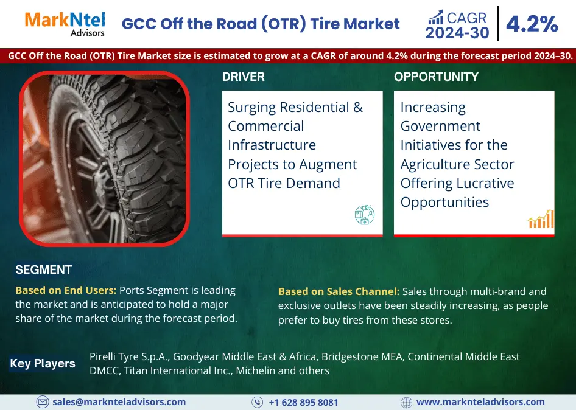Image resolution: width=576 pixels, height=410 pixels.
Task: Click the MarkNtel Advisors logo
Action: tap(65, 24)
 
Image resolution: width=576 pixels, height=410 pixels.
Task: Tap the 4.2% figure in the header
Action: tap(532, 24)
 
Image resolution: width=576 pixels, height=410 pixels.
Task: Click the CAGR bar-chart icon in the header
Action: tap(435, 16)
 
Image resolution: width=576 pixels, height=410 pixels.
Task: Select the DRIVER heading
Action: tap(243, 77)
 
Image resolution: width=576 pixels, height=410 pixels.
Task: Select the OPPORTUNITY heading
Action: tap(436, 77)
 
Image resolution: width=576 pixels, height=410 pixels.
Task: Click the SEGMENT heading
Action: tap(43, 270)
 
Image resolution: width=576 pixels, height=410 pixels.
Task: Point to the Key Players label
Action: tap(43, 364)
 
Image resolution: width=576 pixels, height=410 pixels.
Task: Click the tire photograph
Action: tap(104, 158)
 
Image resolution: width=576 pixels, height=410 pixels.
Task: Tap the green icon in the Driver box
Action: tap(364, 215)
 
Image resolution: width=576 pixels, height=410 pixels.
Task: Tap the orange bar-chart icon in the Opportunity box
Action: tap(541, 219)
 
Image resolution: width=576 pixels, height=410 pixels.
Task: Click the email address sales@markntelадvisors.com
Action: tap(119, 402)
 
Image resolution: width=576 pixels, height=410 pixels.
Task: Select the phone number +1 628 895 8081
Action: tap(303, 403)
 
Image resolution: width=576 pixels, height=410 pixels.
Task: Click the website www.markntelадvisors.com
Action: tap(480, 402)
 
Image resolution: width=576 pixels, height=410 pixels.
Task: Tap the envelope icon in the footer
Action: tap(43, 402)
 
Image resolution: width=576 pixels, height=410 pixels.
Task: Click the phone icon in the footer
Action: tap(258, 402)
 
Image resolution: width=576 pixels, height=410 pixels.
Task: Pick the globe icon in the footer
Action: tap(407, 402)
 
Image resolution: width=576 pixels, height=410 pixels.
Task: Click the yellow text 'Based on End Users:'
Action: tap(66, 291)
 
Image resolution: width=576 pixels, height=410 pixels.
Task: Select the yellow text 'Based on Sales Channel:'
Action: tap(339, 291)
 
